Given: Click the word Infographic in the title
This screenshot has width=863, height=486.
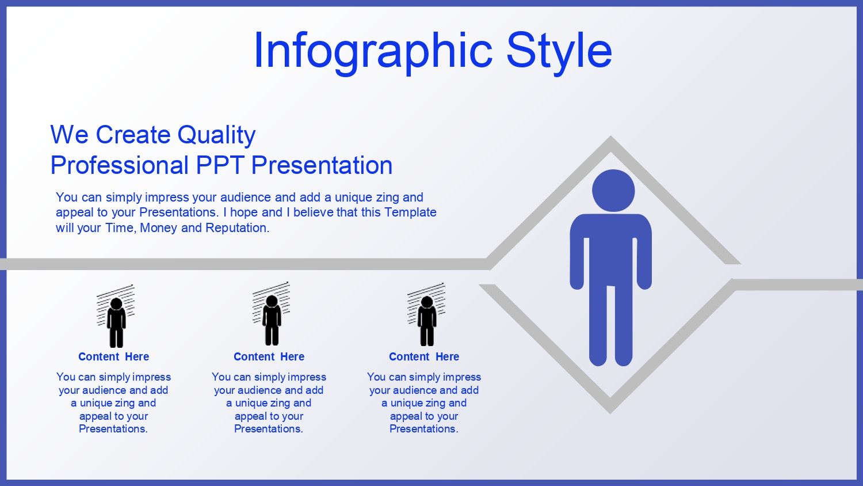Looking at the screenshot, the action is [x=373, y=52].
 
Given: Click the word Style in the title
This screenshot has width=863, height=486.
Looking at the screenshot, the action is [x=559, y=52].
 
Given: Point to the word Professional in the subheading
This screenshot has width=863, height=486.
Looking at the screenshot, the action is [x=120, y=165].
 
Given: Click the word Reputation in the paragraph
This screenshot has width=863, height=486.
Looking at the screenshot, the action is [x=237, y=228].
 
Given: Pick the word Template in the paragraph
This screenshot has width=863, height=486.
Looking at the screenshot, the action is [x=410, y=212].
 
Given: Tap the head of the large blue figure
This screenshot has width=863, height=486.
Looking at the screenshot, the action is [x=613, y=191].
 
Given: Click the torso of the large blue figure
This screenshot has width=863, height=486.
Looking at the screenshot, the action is [x=610, y=250].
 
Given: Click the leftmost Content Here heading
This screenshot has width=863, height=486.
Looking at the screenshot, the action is [x=114, y=357].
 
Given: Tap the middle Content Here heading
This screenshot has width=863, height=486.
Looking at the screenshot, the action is [x=269, y=357].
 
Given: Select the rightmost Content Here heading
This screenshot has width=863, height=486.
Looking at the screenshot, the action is [x=424, y=357].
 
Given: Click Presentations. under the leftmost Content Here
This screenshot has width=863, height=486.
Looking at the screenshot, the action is [x=113, y=429].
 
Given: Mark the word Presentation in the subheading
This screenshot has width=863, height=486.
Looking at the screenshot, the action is [x=322, y=165].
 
